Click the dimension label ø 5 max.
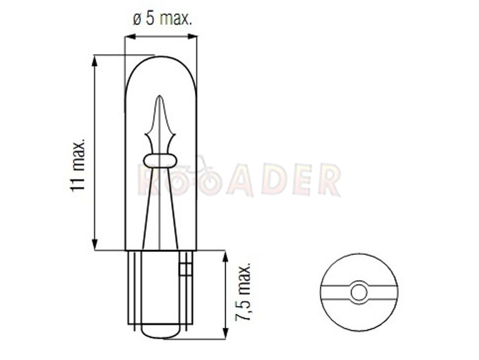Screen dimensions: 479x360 click(162, 19)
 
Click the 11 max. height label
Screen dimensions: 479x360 click(77, 166)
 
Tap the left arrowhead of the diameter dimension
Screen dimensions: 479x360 click(130, 37)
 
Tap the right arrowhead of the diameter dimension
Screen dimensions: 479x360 click(192, 37)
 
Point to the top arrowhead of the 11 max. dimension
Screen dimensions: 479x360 click(95, 61)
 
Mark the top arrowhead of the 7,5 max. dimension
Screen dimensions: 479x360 click(226, 257)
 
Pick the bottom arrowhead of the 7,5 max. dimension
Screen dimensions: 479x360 click(226, 333)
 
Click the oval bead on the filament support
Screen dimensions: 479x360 click(160, 161)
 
